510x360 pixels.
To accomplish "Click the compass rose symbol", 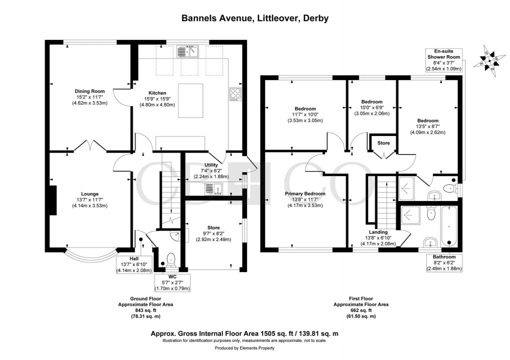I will [x=489, y=59].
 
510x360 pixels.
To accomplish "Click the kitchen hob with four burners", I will [x=234, y=94].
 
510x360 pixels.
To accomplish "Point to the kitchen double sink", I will [x=188, y=51].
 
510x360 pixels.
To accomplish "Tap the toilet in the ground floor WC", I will [x=170, y=258].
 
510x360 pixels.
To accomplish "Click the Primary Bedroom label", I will [x=305, y=193].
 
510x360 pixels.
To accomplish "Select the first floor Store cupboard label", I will [x=383, y=143].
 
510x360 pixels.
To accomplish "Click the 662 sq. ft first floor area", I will [x=361, y=310].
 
